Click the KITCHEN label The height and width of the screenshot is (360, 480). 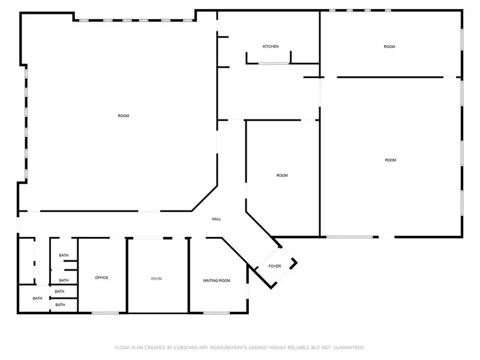pos(271,47)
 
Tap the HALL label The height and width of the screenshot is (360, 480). pos(217,219)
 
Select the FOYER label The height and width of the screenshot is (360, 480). pos(275,266)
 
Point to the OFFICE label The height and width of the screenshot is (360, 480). pos(101,278)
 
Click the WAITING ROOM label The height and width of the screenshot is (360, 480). pos(217,280)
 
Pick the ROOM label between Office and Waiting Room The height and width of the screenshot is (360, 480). pos(157,279)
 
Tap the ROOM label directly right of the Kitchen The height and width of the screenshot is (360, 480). pos(389,47)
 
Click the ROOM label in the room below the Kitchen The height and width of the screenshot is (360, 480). pos(282,176)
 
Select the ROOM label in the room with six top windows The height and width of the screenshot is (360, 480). pos(124,116)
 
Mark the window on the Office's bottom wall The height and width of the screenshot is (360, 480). pos(106,313)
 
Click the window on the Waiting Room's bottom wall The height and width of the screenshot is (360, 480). pos(217,313)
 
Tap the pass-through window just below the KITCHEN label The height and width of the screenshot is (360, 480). pos(274,64)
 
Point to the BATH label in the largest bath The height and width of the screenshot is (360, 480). pos(37,298)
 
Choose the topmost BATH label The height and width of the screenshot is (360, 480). pos(64,256)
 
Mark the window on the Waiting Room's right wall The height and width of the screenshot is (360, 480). pos(247,291)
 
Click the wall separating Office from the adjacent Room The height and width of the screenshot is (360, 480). pos(127,275)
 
